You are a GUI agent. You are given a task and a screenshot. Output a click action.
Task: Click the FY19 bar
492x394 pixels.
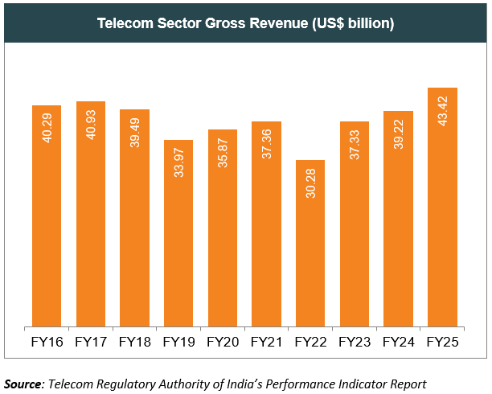pos(178,233)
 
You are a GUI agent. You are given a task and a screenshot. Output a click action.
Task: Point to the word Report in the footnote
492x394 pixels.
pos(407,383)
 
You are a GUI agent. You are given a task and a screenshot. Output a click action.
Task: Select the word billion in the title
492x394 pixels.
pos(366,23)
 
